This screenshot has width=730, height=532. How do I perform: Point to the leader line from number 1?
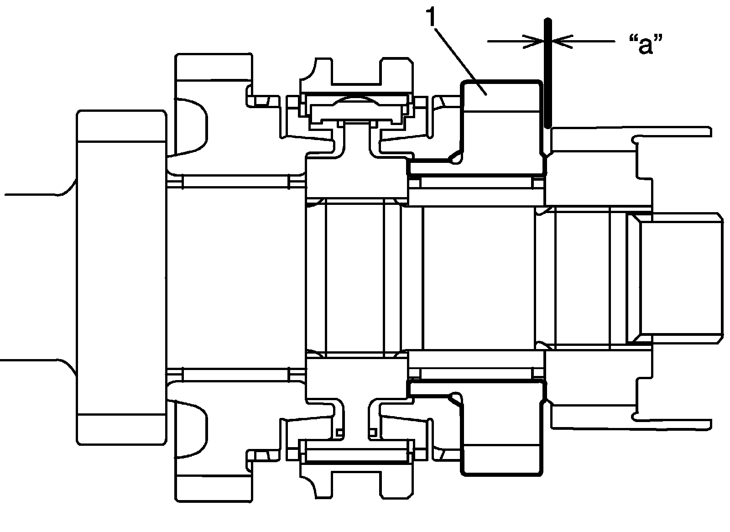[461, 57]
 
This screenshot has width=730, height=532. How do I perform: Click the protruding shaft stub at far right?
[680, 278]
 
